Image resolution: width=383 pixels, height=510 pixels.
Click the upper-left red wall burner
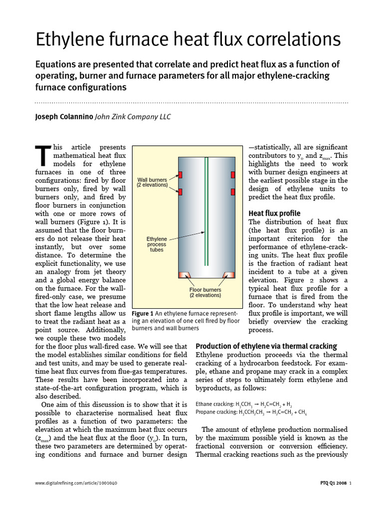181,175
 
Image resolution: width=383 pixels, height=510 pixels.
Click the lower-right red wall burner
232,192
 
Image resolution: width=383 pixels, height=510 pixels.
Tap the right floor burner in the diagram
229,275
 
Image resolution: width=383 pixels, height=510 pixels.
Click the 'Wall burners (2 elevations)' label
152,182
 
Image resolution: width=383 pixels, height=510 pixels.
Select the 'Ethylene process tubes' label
157,244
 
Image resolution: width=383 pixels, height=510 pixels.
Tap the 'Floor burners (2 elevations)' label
205,292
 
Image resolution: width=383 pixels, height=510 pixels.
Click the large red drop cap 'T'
43,155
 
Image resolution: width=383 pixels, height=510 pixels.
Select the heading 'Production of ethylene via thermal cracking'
266,346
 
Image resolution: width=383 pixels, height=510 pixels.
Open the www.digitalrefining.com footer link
77,483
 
